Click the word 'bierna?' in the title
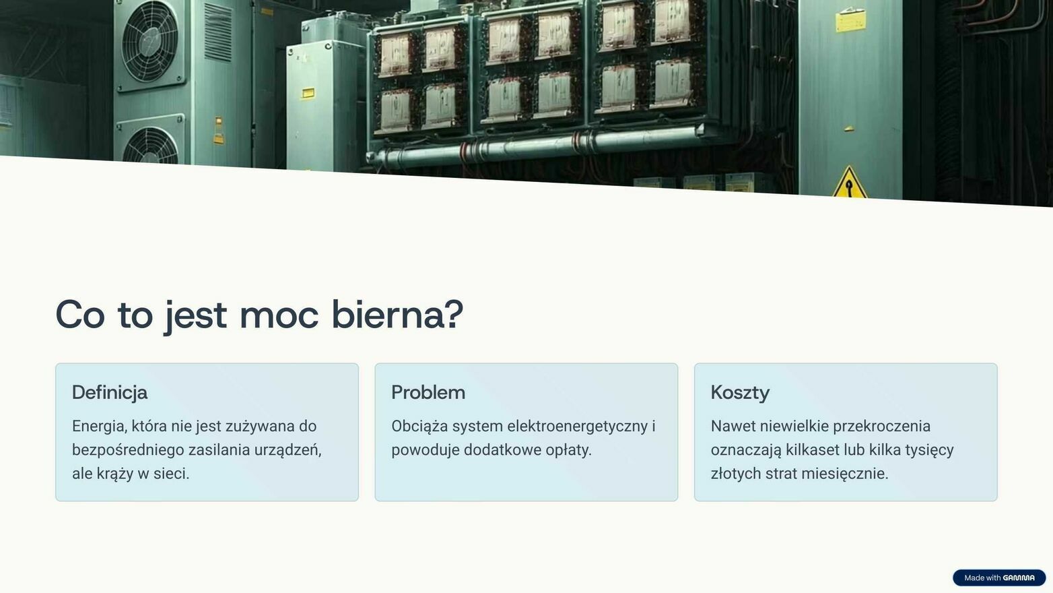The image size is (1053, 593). click(398, 315)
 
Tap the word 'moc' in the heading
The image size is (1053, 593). click(279, 316)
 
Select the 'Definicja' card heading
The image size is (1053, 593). click(110, 392)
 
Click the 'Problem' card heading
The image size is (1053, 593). click(428, 392)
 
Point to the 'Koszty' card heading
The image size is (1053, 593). click(740, 393)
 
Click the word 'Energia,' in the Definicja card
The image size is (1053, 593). click(100, 427)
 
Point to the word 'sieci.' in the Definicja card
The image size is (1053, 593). click(171, 474)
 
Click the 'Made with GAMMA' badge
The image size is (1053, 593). click(999, 578)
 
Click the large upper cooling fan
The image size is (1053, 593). click(150, 41)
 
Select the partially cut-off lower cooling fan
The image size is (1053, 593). click(150, 145)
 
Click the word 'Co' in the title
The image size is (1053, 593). click(80, 315)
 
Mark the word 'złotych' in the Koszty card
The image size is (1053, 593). click(736, 474)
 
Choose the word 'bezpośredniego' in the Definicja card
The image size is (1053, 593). click(128, 450)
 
